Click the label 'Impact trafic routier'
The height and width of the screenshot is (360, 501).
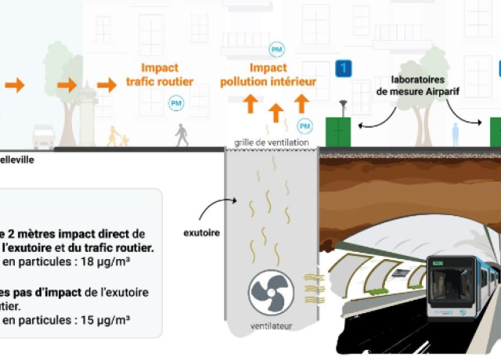click(x=160, y=74)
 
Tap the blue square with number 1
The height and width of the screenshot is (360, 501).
click(x=343, y=69)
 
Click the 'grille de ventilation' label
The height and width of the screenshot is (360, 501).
click(x=269, y=142)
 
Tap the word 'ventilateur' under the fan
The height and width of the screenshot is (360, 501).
click(x=271, y=326)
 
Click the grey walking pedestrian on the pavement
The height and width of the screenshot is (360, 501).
click(x=182, y=135)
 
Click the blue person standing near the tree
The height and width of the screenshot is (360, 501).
click(x=456, y=134)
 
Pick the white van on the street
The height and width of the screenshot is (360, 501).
click(x=43, y=137)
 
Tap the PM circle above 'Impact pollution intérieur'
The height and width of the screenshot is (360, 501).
click(x=276, y=49)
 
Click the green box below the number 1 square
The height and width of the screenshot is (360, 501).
click(x=340, y=131)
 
